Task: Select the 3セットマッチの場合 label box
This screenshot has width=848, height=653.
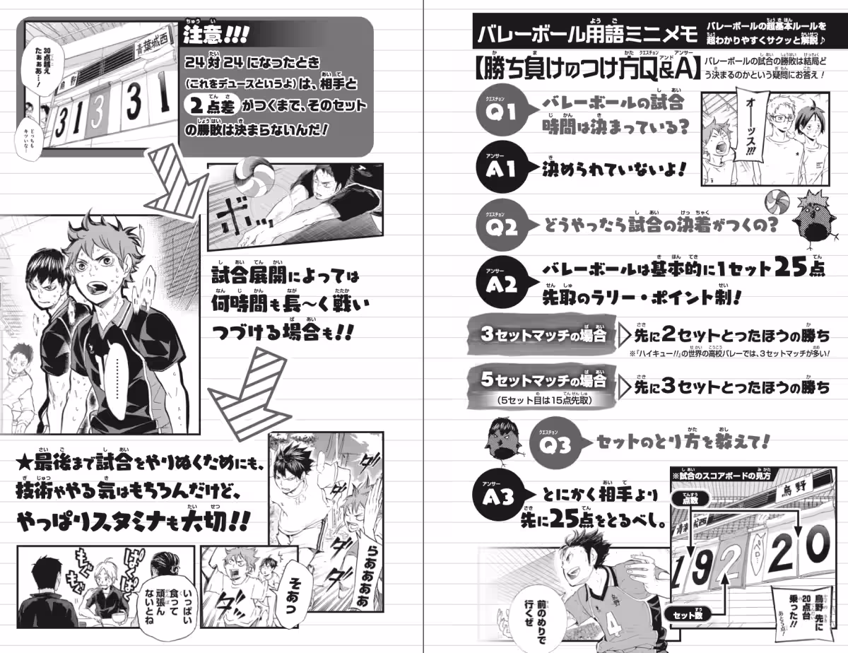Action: tap(544, 334)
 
